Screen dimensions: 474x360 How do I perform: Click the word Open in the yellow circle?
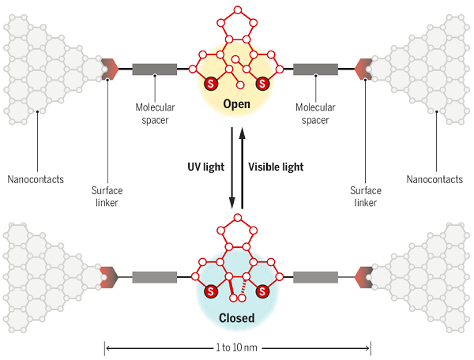point(236,104)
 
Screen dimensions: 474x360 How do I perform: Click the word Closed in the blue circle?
point(236,318)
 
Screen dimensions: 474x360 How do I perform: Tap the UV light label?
point(206,167)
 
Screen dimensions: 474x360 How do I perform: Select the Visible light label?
point(276,167)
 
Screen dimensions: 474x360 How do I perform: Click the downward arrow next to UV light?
point(231,168)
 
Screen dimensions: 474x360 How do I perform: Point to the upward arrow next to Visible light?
point(242,168)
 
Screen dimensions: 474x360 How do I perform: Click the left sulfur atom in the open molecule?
point(211,84)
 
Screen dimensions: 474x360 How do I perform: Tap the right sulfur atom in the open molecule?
point(262,84)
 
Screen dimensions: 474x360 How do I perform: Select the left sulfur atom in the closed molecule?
point(211,292)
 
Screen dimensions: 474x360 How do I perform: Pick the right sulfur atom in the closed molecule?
point(262,292)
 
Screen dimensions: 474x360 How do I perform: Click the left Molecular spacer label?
point(155,114)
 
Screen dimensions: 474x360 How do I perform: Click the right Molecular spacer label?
point(315,114)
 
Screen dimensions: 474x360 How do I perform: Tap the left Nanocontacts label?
point(36,179)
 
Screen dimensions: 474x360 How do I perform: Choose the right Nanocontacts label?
point(434,179)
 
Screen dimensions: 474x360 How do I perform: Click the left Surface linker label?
point(107,197)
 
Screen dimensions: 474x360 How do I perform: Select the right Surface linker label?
point(366,197)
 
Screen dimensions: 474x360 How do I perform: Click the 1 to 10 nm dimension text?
point(236,348)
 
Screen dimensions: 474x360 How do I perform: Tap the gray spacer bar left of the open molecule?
point(155,69)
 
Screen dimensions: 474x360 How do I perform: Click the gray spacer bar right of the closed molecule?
point(315,277)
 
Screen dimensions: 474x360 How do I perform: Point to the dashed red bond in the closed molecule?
point(244,286)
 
